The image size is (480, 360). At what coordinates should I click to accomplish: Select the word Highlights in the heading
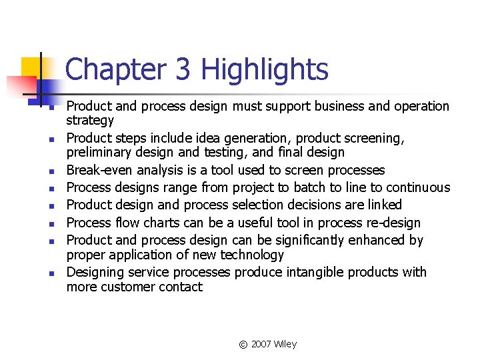pyautogui.click(x=265, y=69)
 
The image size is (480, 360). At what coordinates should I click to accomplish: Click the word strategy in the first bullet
pyautogui.click(x=90, y=121)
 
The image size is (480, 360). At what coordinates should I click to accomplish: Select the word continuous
pyautogui.click(x=419, y=188)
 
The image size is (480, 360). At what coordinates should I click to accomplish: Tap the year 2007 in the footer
pyautogui.click(x=262, y=344)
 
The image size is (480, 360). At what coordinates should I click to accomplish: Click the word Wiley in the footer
pyautogui.click(x=286, y=344)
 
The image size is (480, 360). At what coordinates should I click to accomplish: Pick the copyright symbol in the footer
pyautogui.click(x=243, y=345)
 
